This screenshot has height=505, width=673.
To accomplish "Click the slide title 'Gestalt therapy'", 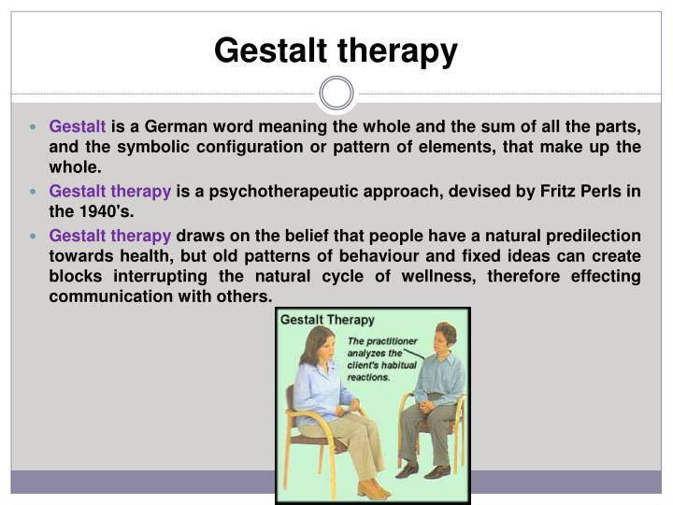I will click(336, 50).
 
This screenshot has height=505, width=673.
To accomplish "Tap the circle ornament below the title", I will click(336, 94).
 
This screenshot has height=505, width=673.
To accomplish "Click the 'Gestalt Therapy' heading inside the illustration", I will click(328, 320).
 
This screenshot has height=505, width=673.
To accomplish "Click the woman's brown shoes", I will click(370, 488).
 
